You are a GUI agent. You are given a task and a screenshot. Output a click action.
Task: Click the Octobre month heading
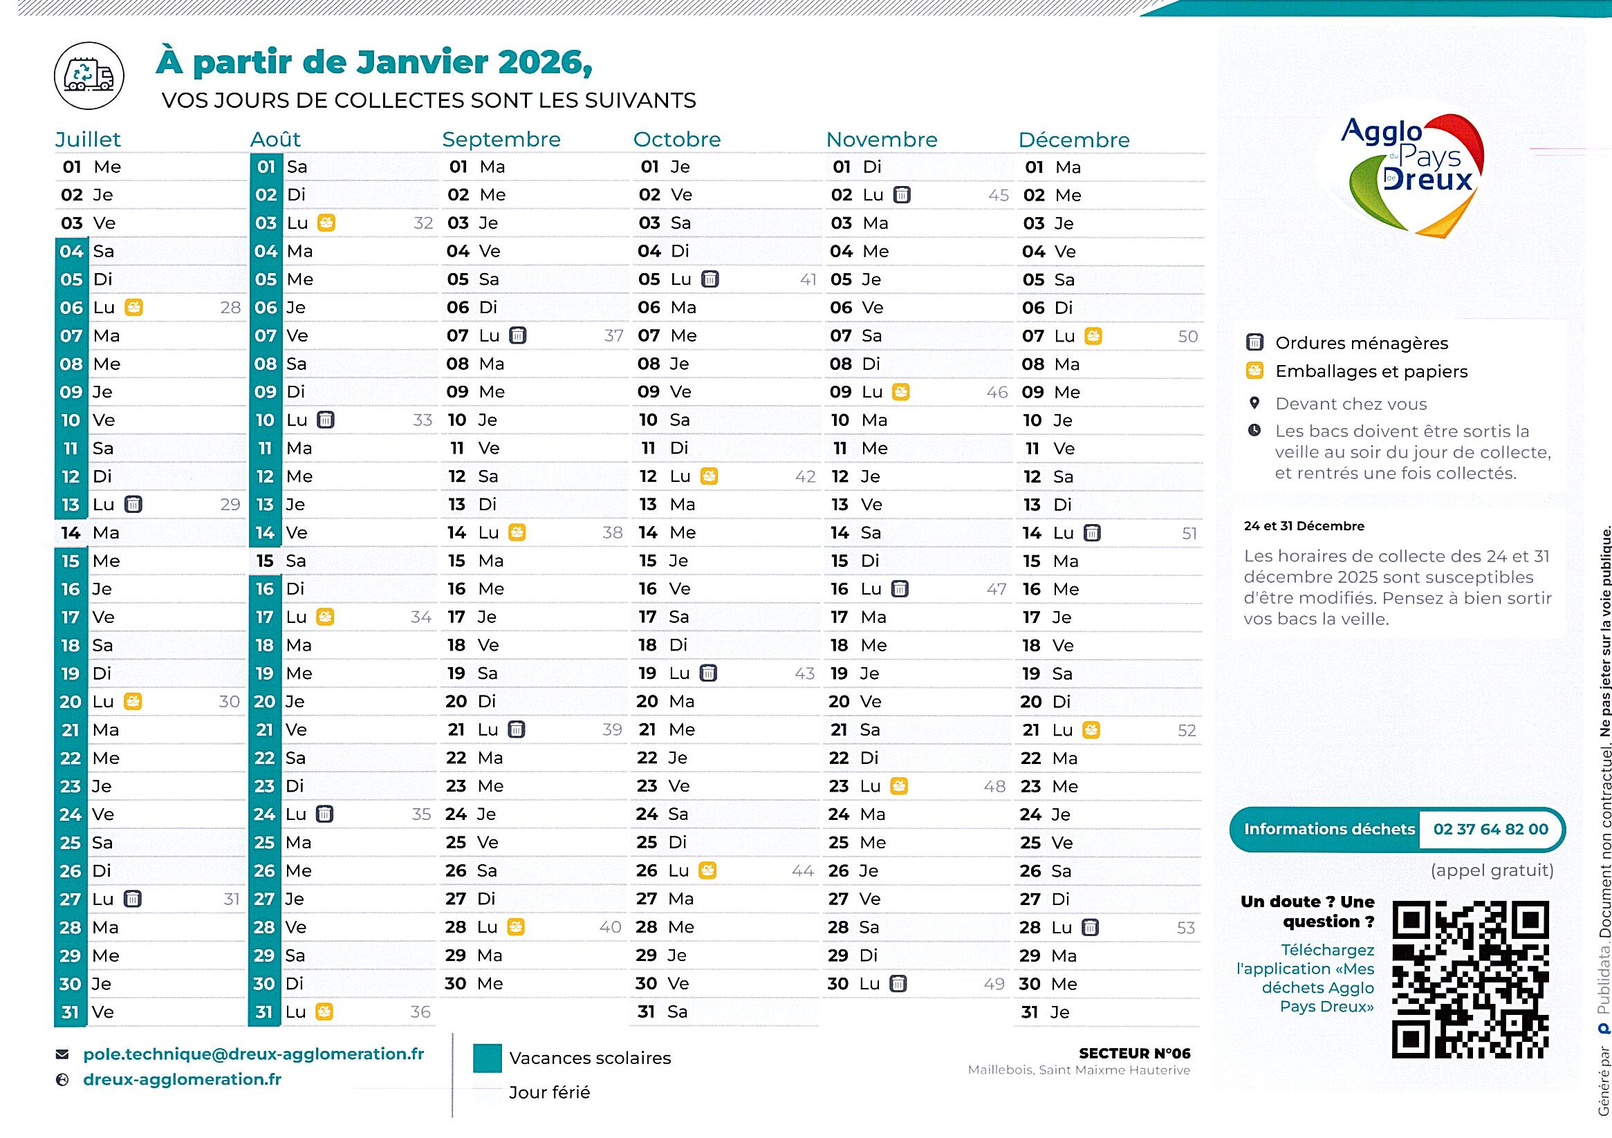click(677, 139)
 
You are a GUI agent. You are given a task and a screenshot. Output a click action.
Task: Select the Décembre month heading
click(1073, 140)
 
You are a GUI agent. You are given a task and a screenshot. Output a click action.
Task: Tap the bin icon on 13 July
click(133, 504)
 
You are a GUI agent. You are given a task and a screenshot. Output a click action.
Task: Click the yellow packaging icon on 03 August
click(326, 223)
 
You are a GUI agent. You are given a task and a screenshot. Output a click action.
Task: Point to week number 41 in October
click(808, 279)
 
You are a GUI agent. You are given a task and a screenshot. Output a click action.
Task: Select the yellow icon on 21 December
click(1091, 730)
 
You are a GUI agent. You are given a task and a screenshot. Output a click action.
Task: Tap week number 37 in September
click(613, 335)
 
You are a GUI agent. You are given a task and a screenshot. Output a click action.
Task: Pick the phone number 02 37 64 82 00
click(1490, 829)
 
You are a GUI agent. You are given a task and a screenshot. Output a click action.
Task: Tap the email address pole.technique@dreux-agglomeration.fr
click(254, 1054)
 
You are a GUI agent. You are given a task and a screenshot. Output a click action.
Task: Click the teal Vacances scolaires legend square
click(488, 1058)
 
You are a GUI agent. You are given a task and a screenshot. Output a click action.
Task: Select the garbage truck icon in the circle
click(89, 76)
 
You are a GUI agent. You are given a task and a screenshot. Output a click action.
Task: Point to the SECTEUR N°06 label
click(1134, 1053)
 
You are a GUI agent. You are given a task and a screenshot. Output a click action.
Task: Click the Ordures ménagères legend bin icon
click(1254, 343)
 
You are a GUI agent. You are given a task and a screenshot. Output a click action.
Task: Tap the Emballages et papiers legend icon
click(1254, 371)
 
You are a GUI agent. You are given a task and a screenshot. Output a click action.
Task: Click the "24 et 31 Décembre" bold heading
click(1304, 526)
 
